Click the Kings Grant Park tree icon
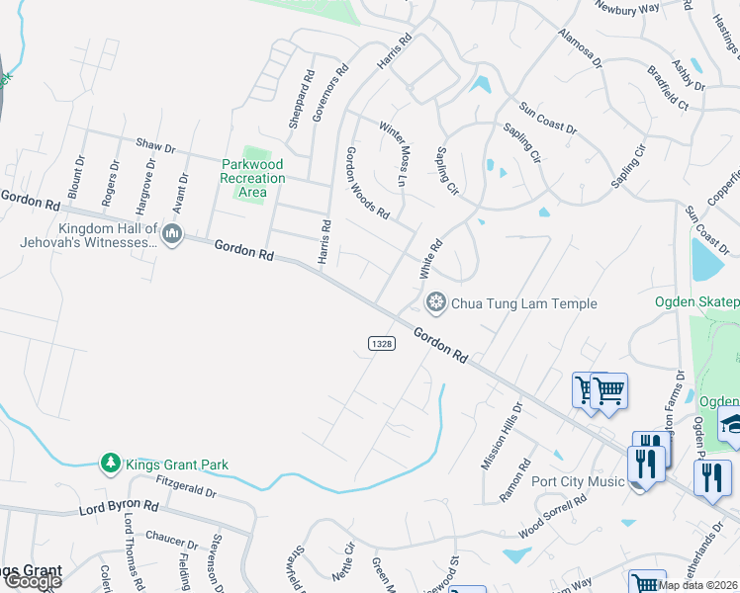[111, 464]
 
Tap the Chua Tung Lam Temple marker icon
[434, 302]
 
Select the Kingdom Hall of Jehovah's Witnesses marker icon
[172, 234]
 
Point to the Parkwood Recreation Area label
[252, 178]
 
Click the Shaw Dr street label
[155, 146]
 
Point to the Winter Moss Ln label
[394, 154]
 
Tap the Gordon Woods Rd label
[366, 183]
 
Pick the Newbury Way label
[626, 7]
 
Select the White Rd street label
[428, 258]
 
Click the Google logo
[33, 580]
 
